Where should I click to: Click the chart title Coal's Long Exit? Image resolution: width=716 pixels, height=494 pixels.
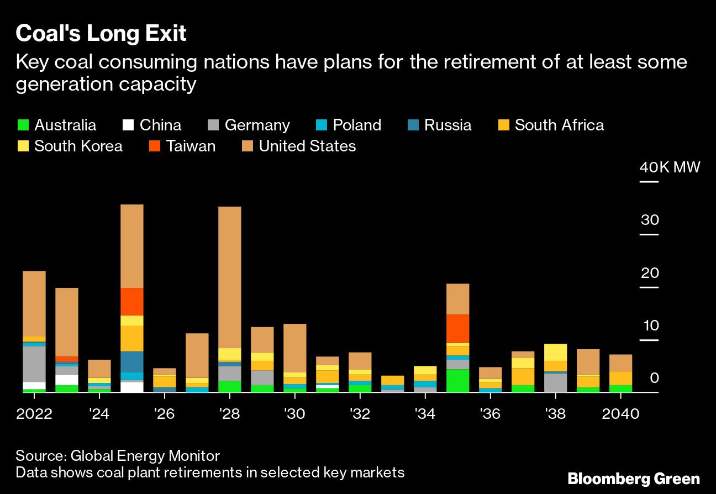click(x=101, y=34)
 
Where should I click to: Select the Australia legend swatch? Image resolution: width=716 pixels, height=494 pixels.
click(x=23, y=125)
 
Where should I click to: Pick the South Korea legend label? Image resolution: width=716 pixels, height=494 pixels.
click(x=78, y=146)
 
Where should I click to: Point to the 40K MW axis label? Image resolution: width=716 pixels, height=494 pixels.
click(x=670, y=167)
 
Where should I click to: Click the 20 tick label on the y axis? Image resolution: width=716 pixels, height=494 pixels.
click(x=650, y=274)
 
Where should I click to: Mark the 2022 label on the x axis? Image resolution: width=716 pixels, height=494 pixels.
click(x=34, y=414)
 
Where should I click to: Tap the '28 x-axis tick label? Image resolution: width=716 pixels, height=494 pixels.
click(x=229, y=414)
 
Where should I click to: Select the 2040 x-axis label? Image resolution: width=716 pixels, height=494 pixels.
click(x=620, y=414)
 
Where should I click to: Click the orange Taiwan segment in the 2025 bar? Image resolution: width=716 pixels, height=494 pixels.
click(x=132, y=301)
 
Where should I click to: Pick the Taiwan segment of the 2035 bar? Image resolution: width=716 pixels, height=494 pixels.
click(x=457, y=328)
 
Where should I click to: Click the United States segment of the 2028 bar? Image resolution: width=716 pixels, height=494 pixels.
click(x=229, y=276)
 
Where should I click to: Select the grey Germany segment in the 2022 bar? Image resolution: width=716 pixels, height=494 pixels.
click(x=34, y=364)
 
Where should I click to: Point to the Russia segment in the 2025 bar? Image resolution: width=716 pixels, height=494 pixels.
click(x=132, y=361)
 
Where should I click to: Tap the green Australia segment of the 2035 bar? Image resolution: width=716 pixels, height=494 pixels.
click(x=457, y=380)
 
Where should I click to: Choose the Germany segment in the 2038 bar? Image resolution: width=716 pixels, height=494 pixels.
click(x=555, y=382)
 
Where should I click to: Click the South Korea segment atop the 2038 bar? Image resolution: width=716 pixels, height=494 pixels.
click(x=555, y=352)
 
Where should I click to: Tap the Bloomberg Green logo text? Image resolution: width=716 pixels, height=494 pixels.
click(x=634, y=479)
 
